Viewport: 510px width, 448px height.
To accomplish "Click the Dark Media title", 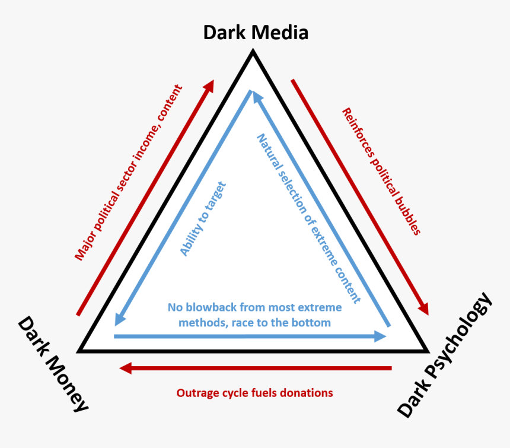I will pos(256,32).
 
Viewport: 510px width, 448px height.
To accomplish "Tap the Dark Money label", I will pos(53,364).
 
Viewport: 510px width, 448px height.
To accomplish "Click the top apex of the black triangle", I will pos(253,53).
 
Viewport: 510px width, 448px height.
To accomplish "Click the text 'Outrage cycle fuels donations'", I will pos(254,393).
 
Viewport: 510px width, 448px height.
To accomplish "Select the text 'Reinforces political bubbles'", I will pos(381,171).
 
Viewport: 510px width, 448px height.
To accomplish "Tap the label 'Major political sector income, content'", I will pos(128,173).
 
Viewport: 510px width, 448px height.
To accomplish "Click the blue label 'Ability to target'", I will pos(203,219).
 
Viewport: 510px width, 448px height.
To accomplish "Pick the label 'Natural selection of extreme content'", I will pos(308,218).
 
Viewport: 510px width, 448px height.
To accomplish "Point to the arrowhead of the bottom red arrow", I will pos(125,368).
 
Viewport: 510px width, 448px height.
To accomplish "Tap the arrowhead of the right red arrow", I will pos(423,308).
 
